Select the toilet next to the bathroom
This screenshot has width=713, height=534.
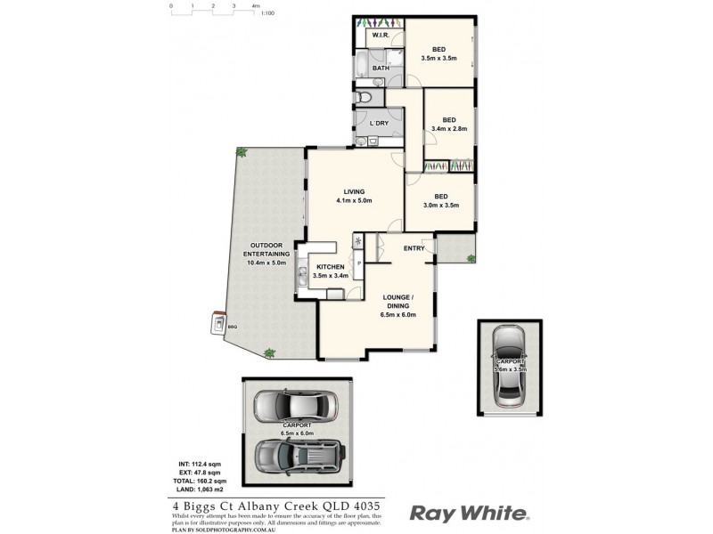[x=365, y=96]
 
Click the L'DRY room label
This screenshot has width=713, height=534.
[x=379, y=123]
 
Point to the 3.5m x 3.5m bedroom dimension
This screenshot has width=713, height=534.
[x=438, y=59]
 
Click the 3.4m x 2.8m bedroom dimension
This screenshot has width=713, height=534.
[x=449, y=129]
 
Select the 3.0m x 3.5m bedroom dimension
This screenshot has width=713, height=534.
[x=440, y=206]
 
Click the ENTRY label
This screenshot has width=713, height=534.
[x=414, y=248]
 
